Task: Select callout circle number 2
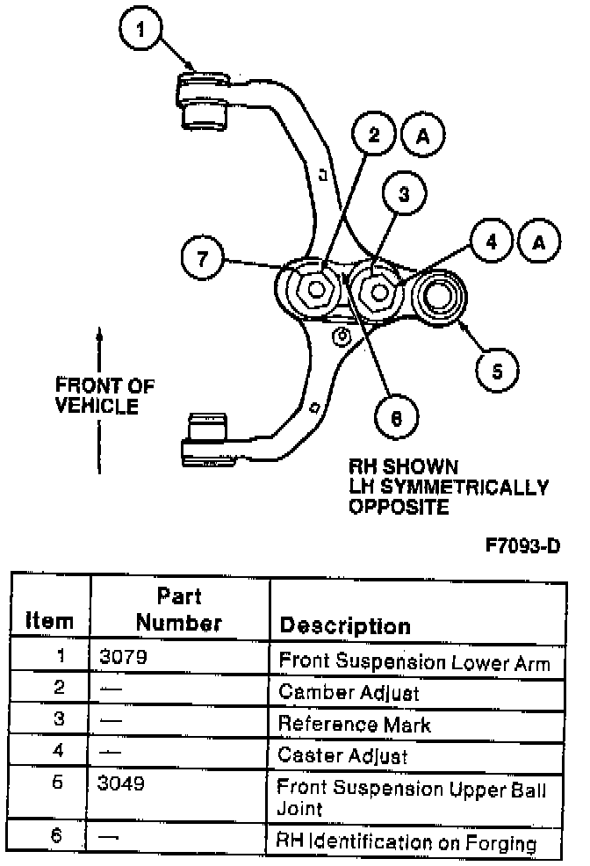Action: [x=375, y=135]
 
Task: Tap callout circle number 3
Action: [x=403, y=196]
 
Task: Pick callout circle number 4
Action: [x=492, y=241]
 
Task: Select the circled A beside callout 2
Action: [x=423, y=135]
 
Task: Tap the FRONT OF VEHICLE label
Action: [x=104, y=395]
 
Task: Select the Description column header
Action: [x=344, y=625]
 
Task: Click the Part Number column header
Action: [x=179, y=610]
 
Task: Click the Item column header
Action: [x=49, y=620]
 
